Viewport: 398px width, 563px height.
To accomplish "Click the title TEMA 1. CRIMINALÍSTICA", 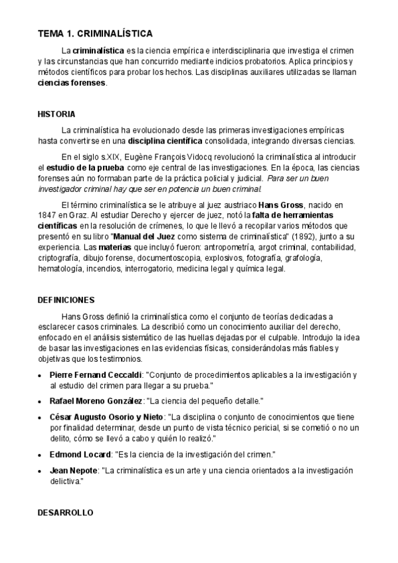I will coord(95,33).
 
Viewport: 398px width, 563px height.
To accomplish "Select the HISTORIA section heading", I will coord(56,114).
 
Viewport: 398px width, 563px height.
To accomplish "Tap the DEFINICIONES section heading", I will coord(66,299).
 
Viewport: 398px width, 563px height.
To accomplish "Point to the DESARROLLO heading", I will coord(65,513).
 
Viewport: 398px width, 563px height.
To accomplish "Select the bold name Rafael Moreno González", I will coord(96,402).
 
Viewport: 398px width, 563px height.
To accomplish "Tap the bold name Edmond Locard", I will coord(80,455).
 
